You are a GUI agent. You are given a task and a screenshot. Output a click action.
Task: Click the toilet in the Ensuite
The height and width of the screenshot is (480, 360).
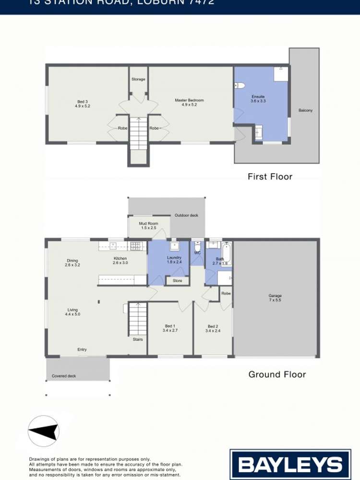(240, 85)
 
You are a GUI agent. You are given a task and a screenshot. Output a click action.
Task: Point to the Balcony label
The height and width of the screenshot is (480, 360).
(305, 110)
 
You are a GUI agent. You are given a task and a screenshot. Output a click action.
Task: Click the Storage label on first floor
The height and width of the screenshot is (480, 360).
(138, 79)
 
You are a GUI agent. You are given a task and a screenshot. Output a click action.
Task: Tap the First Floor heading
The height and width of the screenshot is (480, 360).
(270, 177)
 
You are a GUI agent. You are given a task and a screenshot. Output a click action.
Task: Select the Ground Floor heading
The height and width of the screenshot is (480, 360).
(277, 374)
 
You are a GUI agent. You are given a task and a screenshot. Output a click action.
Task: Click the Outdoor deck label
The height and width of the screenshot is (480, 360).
(186, 216)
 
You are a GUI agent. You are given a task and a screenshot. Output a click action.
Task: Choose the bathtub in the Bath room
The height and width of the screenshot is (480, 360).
(227, 254)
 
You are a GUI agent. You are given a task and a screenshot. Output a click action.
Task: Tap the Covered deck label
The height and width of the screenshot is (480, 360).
(64, 376)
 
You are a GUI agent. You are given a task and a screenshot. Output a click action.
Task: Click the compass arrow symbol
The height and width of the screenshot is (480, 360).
(44, 431)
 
